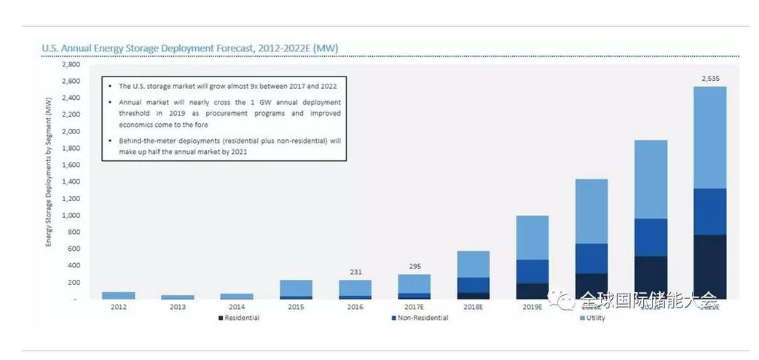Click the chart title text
coord(189,48)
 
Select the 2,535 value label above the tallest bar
coord(709,78)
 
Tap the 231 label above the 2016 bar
coord(355,271)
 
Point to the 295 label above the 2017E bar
coord(414,266)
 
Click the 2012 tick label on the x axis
coord(118,308)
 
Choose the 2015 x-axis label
coord(296,308)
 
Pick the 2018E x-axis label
coord(473,308)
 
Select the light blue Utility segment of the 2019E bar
coord(532,237)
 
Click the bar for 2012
coord(118,295)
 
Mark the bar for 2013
coord(177,297)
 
